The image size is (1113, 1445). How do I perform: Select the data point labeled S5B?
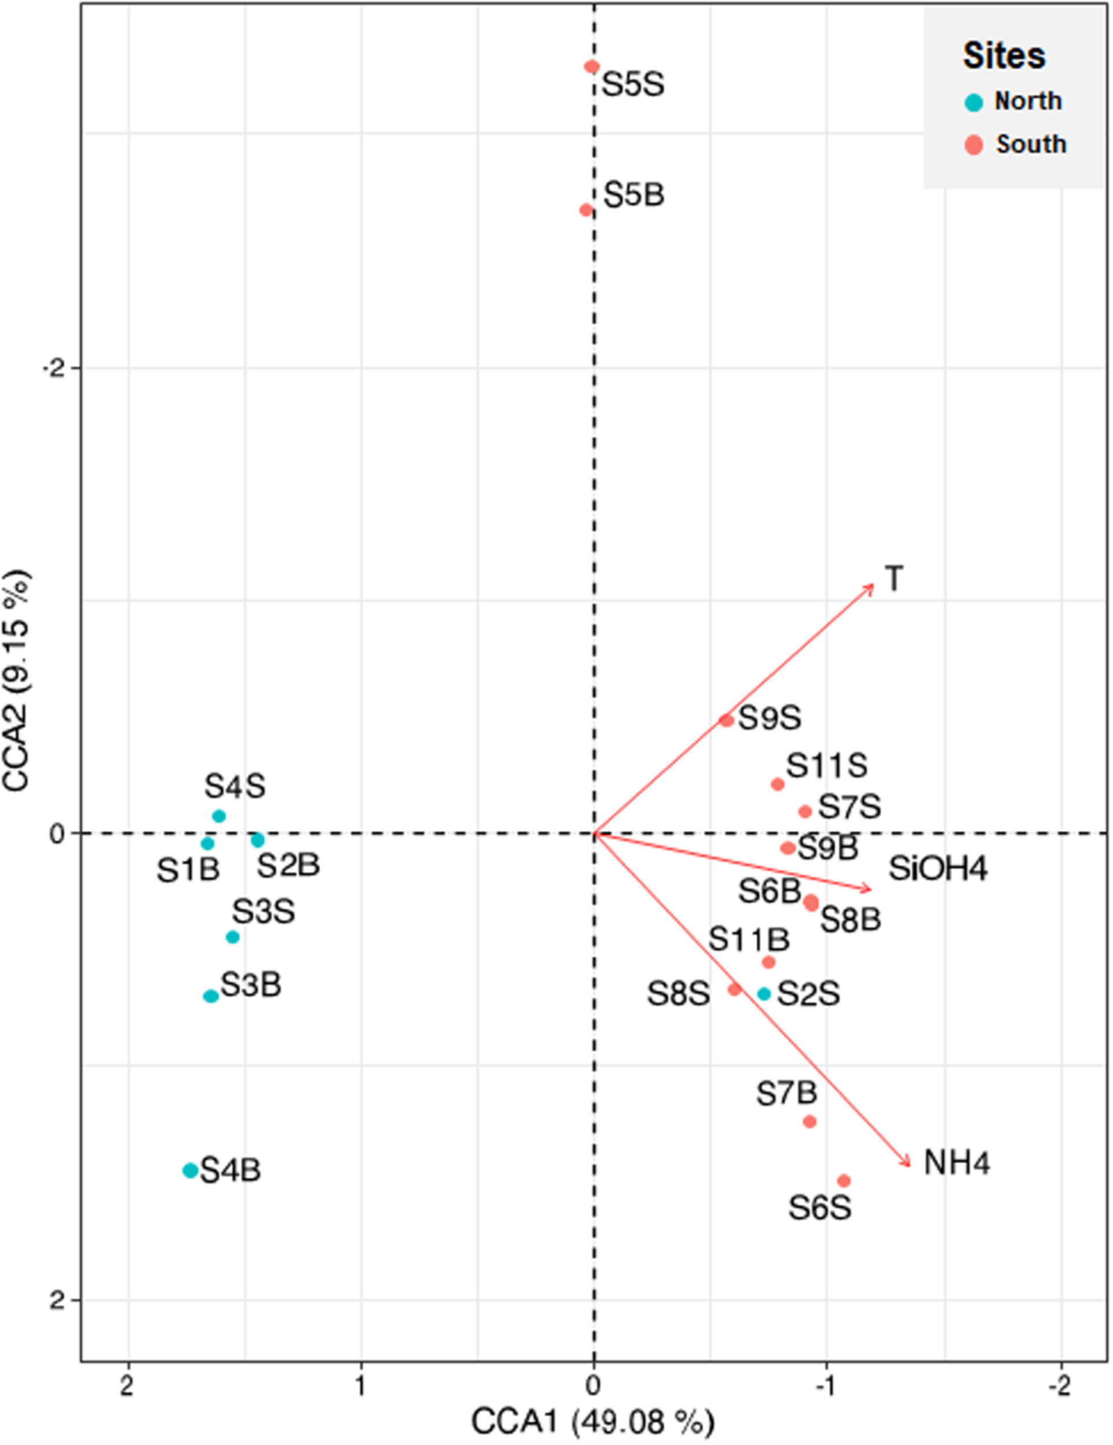(586, 210)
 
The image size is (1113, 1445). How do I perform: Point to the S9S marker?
(727, 720)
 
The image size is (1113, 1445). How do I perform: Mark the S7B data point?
(809, 1121)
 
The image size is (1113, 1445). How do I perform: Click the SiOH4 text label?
(938, 869)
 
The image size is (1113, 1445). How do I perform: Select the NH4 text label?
(956, 1163)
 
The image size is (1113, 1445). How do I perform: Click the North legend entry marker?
(974, 102)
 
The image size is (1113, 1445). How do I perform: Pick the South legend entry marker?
(974, 145)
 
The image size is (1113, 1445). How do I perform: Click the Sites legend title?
(1004, 55)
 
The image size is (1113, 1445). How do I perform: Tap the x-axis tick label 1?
(361, 1385)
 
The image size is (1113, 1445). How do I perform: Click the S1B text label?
(188, 870)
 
